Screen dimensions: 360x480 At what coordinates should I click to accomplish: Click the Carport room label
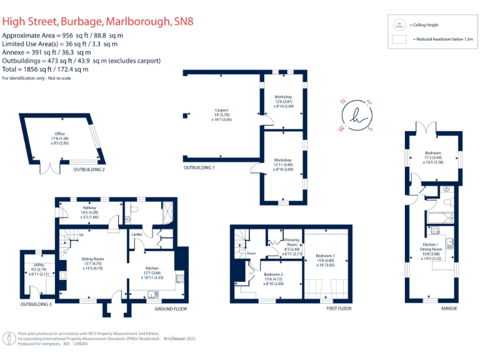click(x=222, y=111)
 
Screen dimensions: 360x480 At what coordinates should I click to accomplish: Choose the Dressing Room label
click(x=291, y=240)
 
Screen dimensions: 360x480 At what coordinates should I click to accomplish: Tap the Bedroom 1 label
click(x=325, y=256)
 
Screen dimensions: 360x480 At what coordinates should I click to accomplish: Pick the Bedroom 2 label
click(x=273, y=275)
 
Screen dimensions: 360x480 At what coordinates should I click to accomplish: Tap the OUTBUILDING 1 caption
click(x=199, y=168)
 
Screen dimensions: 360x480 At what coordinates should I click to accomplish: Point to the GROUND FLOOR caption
click(x=171, y=309)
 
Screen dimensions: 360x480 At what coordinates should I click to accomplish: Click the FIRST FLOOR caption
click(x=339, y=309)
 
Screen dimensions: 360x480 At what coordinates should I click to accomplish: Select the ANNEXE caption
click(x=449, y=309)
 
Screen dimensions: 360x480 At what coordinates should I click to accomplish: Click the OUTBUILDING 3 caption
click(x=36, y=304)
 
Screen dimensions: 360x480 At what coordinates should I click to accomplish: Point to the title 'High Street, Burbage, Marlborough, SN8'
click(x=98, y=21)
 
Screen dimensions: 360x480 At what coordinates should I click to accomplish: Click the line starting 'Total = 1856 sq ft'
click(x=46, y=69)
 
